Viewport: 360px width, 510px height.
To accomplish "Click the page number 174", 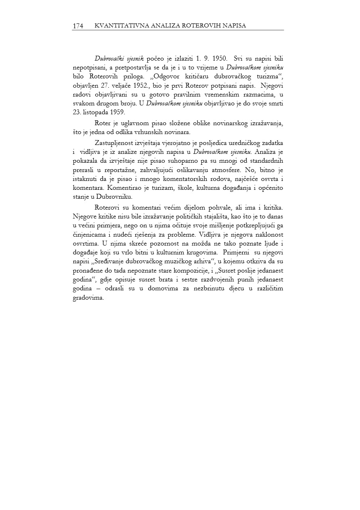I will pos(78,26).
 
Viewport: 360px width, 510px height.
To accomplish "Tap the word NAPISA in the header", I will pos(233,26).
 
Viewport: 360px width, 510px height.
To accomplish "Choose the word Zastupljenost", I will pos(114,143).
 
